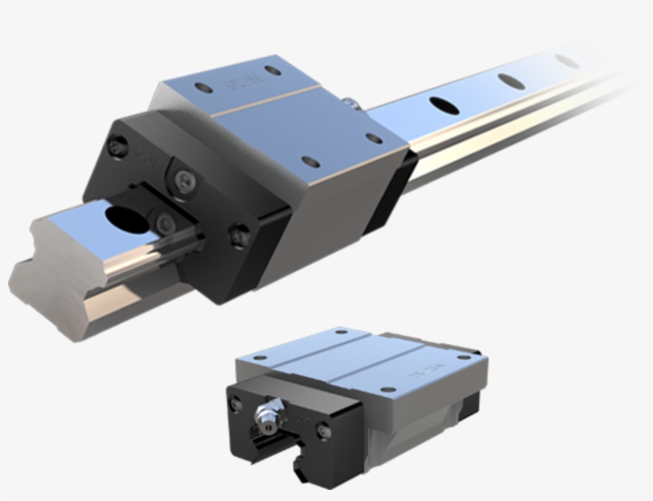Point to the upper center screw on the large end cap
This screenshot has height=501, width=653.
[184, 178]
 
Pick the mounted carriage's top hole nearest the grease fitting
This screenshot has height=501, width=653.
[373, 138]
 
